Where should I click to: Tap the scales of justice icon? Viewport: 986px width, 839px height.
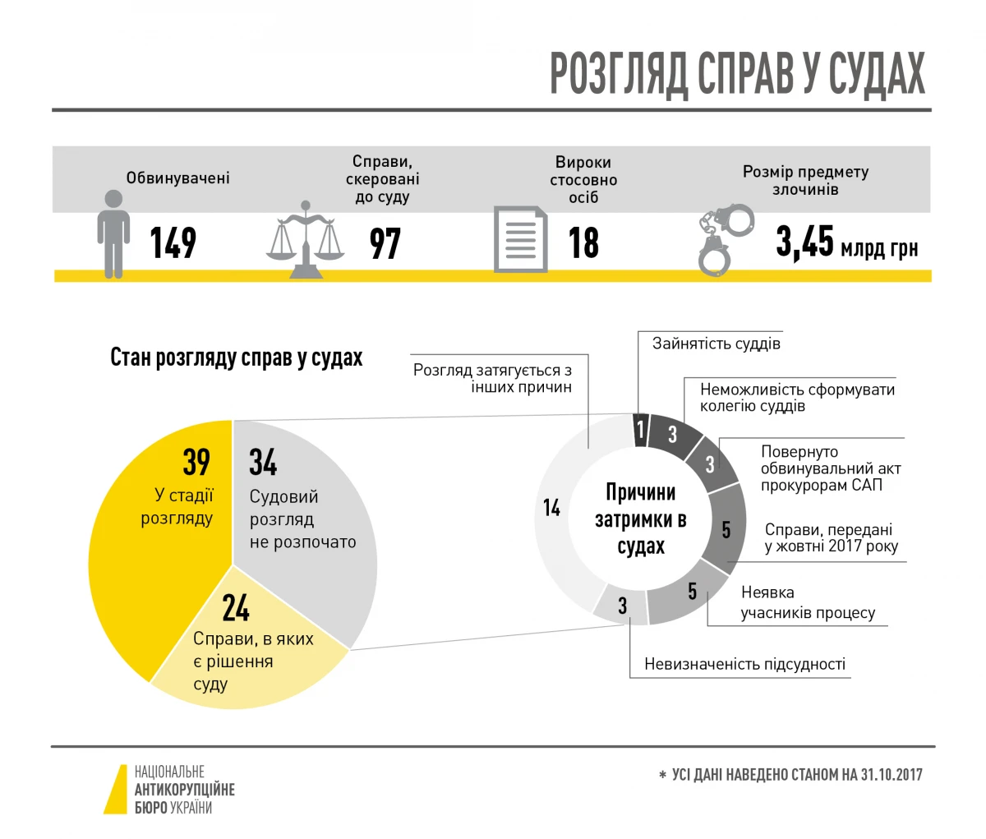pyautogui.click(x=306, y=240)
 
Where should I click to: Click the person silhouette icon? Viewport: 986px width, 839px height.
pyautogui.click(x=113, y=233)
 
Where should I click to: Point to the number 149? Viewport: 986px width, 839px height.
pyautogui.click(x=173, y=242)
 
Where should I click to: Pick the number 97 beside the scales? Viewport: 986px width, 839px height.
pyautogui.click(x=385, y=243)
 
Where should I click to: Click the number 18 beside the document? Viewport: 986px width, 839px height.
pyautogui.click(x=583, y=243)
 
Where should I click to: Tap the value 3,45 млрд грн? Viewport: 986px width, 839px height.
pyautogui.click(x=846, y=243)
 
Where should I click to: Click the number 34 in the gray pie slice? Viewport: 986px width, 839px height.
pyautogui.click(x=263, y=463)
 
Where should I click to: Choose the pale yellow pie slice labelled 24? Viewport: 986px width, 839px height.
pyautogui.click(x=246, y=657)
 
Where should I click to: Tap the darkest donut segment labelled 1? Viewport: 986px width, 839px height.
pyautogui.click(x=641, y=428)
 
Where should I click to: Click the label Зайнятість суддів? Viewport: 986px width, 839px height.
pyautogui.click(x=716, y=343)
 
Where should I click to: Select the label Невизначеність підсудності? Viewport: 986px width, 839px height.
pyautogui.click(x=744, y=664)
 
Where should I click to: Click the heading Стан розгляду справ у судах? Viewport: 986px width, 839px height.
pyautogui.click(x=237, y=358)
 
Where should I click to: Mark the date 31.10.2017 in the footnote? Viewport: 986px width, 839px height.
pyautogui.click(x=892, y=775)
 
